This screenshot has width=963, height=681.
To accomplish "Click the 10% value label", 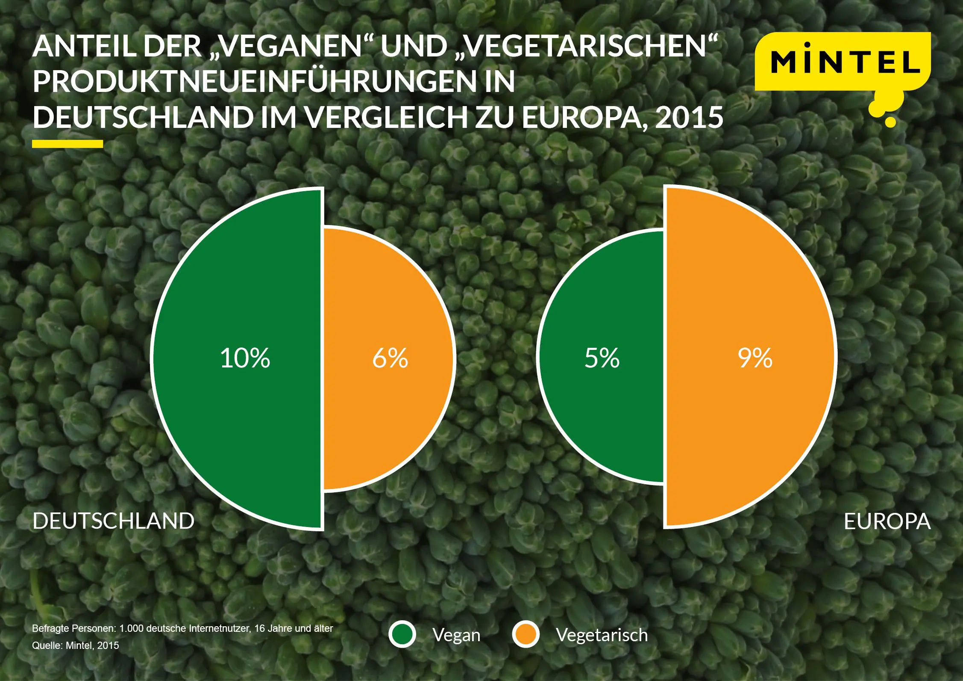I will (245, 358).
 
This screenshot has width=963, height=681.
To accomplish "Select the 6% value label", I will (390, 358).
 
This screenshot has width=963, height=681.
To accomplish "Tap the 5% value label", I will (602, 358).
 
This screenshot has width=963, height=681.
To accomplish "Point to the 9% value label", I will (755, 358).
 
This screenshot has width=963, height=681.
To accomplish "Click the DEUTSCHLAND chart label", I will (113, 521).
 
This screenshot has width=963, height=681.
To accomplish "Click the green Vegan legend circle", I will (402, 634).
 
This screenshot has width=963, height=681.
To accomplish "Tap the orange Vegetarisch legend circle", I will (526, 634).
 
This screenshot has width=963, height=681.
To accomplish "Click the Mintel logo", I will (843, 62).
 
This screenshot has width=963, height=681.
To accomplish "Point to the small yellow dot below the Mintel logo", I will (890, 122).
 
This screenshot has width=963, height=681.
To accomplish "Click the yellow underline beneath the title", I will (68, 144).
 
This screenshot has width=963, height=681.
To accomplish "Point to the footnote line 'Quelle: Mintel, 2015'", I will (75, 645).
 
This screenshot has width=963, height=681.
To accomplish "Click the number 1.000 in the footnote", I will (132, 628).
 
